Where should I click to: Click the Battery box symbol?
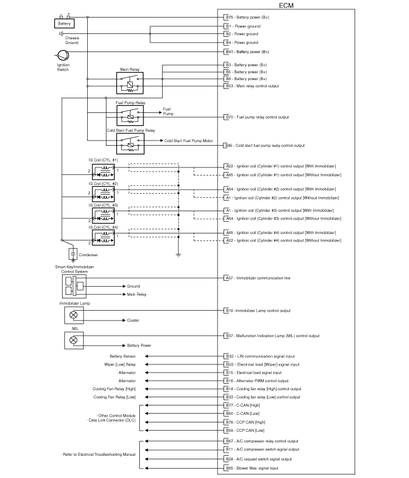pos(64,23)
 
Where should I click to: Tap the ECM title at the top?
pos(286,5)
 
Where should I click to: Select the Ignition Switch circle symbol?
pos(63,56)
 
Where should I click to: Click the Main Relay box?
pos(130,83)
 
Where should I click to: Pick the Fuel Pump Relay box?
pos(130,115)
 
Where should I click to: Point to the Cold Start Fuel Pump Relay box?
pos(130,143)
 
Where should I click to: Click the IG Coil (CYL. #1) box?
pos(104,172)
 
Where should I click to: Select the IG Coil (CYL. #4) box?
pos(104,238)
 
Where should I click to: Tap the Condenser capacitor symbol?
pos(73,255)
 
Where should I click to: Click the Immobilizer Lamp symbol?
pos(74,315)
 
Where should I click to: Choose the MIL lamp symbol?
pos(74,340)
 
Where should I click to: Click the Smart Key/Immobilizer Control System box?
pos(74,286)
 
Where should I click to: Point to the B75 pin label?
pos(229,18)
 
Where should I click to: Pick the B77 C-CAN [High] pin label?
pos(243,405)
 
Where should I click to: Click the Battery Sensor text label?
pos(122,356)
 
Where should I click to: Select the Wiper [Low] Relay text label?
pos(120,364)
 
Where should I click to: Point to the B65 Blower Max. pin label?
pos(252,468)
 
